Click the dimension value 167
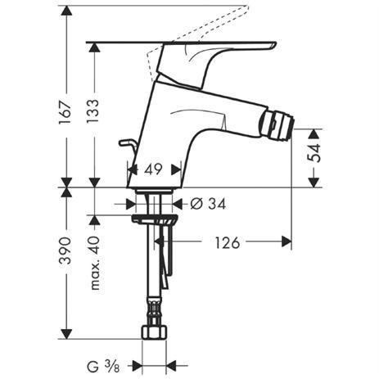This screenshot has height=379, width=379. (x=65, y=112)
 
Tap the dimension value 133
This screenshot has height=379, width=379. (x=92, y=111)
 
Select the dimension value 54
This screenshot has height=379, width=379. (x=314, y=153)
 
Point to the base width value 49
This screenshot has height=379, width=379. (x=153, y=169)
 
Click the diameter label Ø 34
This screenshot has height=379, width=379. (x=208, y=204)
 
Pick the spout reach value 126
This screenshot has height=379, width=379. (x=228, y=243)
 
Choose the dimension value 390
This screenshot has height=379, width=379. (x=65, y=251)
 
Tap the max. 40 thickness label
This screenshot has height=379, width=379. (x=95, y=264)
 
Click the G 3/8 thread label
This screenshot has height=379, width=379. (x=103, y=367)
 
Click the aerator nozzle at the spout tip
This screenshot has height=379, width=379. (x=276, y=125)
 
